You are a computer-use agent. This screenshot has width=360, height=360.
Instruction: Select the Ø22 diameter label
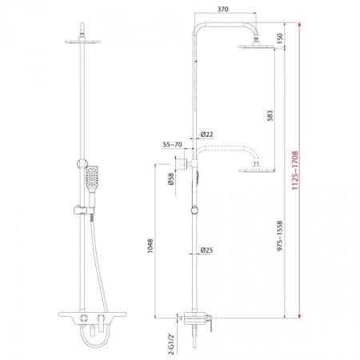coord(206,134)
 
